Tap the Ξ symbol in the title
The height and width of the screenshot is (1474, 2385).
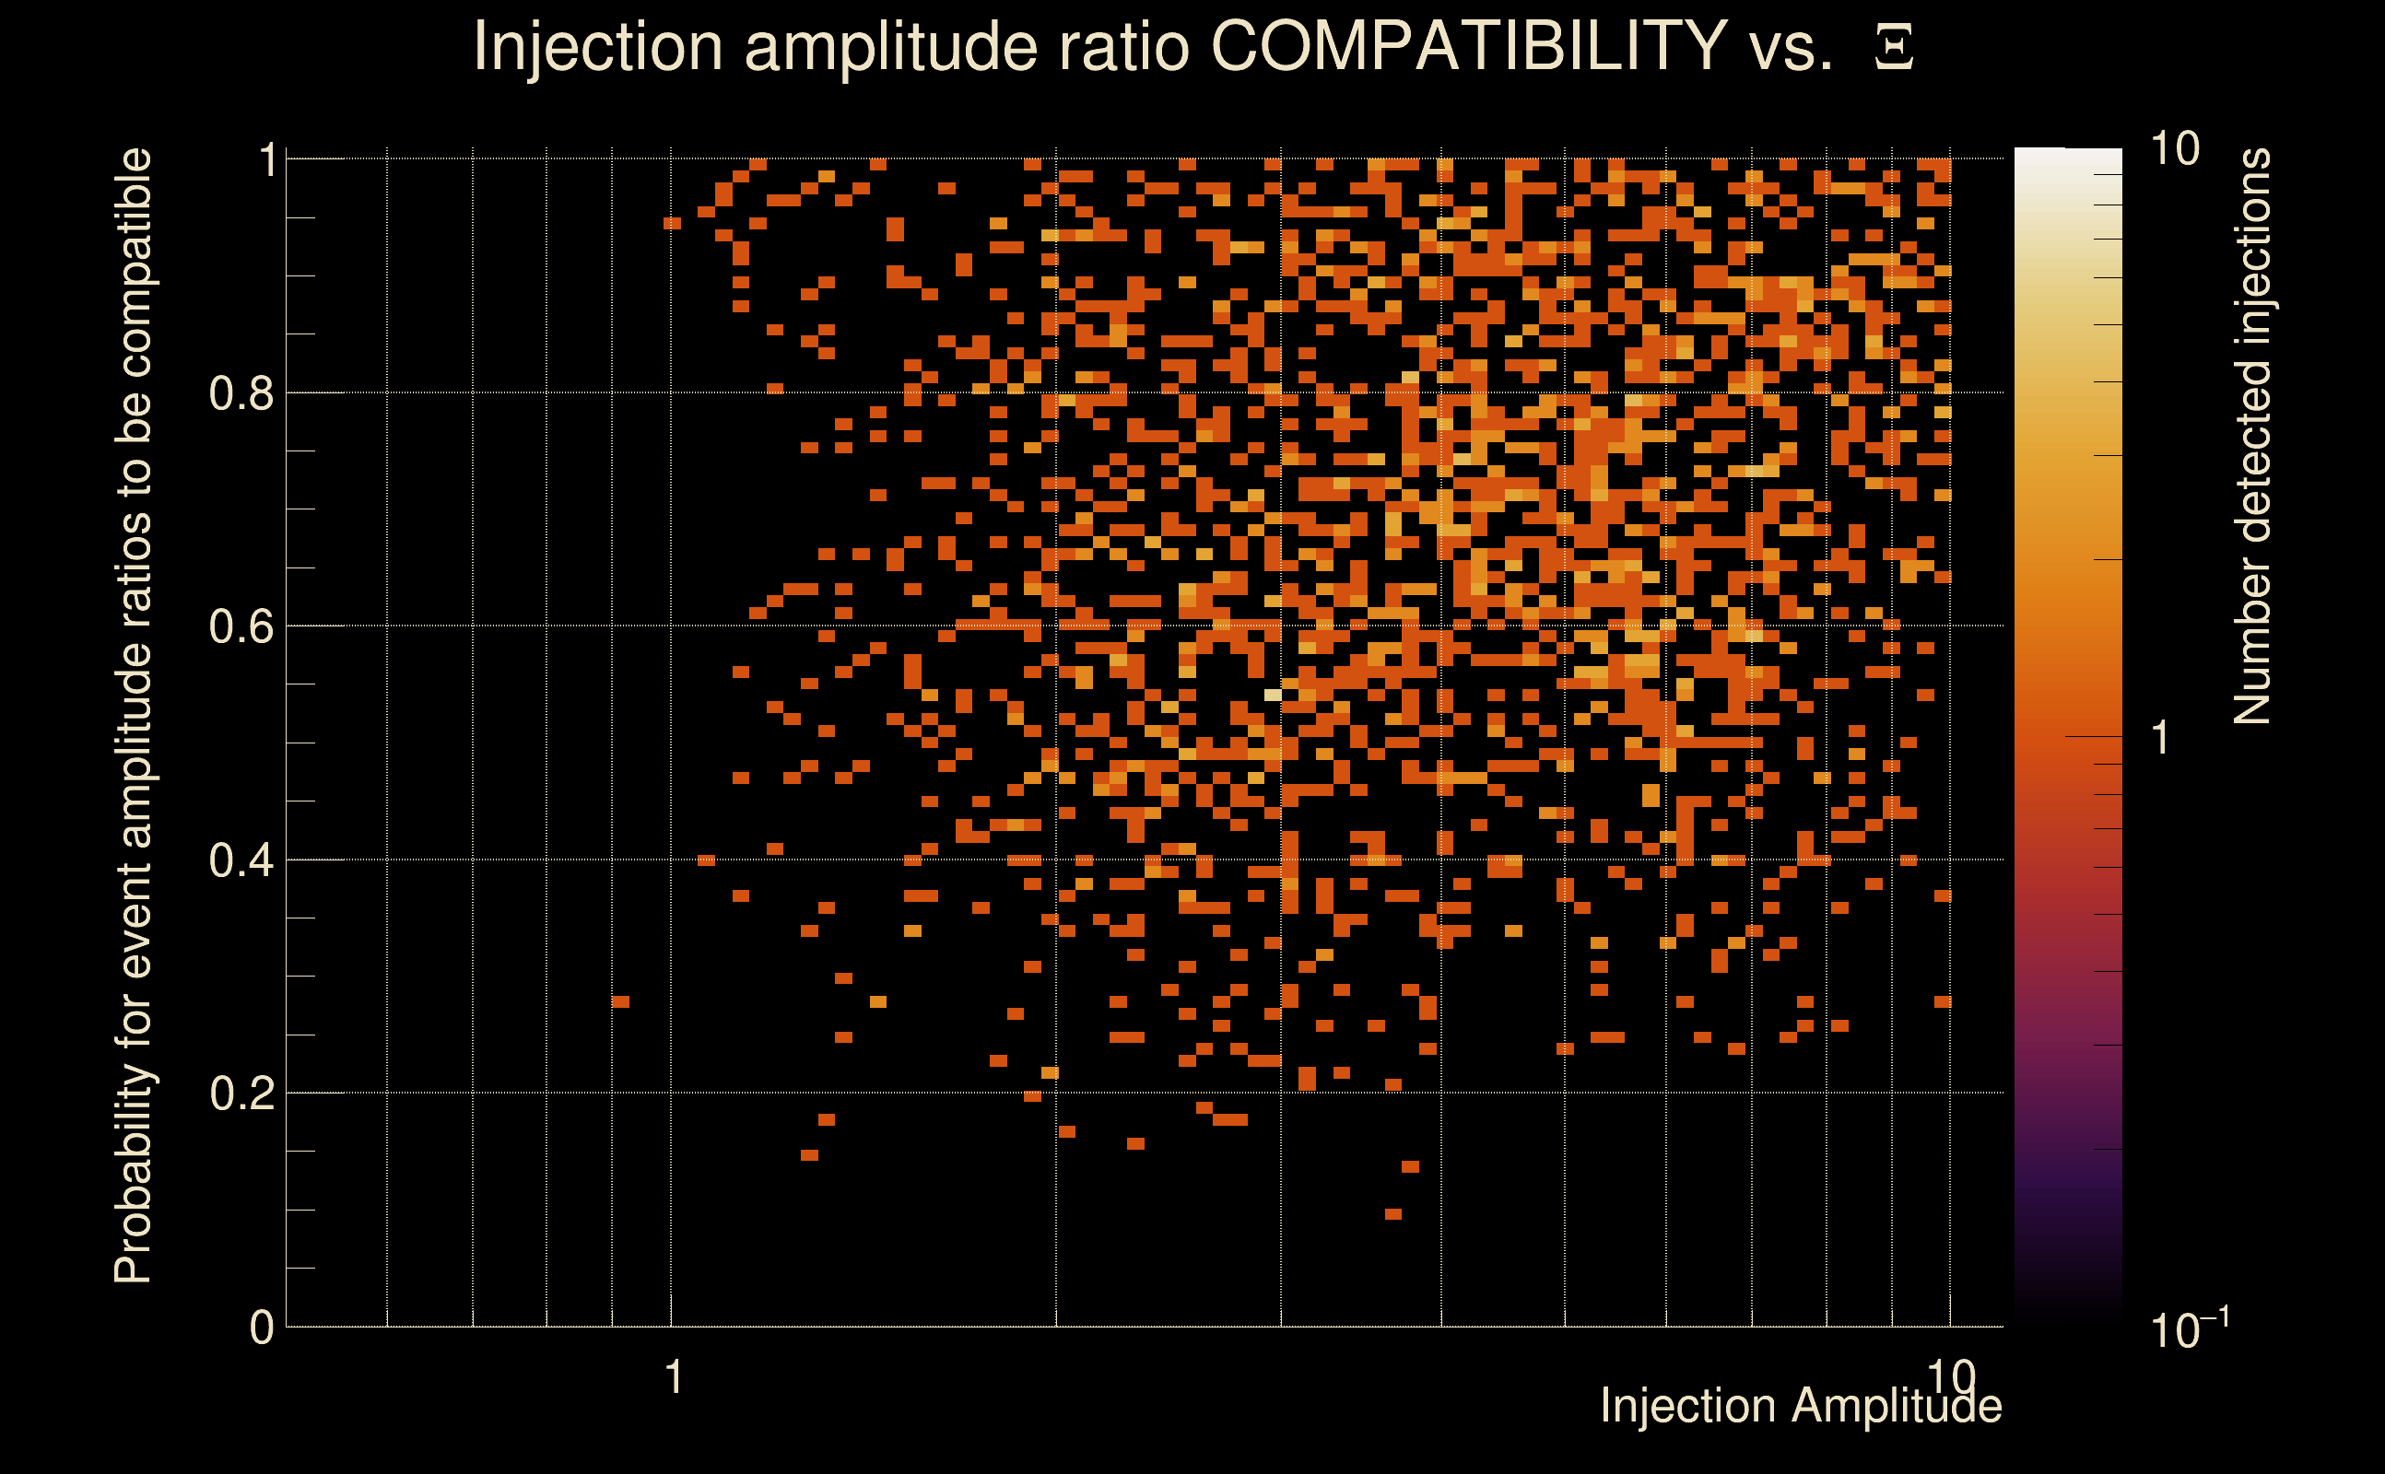click(1894, 48)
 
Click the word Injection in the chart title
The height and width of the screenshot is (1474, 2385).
click(598, 46)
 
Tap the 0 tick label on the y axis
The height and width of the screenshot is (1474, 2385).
click(262, 1328)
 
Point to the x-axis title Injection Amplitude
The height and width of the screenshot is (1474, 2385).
click(1801, 1407)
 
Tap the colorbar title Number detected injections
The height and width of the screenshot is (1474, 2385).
click(2251, 436)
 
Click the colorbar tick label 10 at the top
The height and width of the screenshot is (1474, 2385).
click(2174, 150)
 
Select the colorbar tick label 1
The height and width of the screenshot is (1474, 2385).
click(2161, 738)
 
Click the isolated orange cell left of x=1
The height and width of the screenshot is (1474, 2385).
click(620, 1001)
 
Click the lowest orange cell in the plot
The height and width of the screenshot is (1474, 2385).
click(1393, 1213)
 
